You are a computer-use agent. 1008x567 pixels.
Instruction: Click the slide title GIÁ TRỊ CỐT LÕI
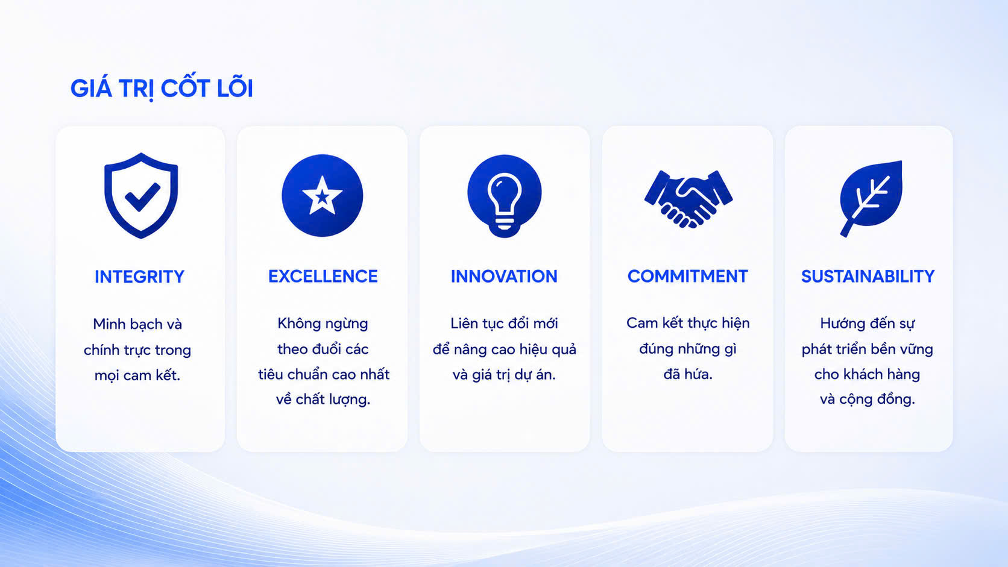[162, 88]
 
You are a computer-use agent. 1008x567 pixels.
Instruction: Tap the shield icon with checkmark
[141, 196]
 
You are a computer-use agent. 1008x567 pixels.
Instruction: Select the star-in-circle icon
[322, 196]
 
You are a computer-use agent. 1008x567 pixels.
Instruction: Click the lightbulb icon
[504, 196]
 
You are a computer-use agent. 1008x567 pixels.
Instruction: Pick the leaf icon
[871, 198]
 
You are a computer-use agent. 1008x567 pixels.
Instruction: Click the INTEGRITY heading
[139, 277]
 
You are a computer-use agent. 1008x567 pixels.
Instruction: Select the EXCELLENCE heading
[323, 276]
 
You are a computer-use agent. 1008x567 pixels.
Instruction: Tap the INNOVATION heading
[504, 276]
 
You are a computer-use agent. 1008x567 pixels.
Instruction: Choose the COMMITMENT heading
[688, 276]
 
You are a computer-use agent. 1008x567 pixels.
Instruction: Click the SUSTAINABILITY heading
[868, 276]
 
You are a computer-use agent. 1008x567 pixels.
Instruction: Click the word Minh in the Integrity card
[109, 324]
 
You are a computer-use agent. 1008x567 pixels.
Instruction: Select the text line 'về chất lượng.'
[323, 399]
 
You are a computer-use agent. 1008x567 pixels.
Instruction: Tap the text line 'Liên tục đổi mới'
[504, 324]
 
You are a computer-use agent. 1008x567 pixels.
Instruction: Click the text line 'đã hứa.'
[688, 374]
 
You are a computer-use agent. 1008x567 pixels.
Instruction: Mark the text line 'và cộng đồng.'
[867, 399]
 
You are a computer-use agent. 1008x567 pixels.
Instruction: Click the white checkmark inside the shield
[142, 197]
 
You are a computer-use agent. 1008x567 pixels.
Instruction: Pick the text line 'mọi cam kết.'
[137, 375]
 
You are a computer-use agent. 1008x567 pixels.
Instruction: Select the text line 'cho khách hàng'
[867, 374]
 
